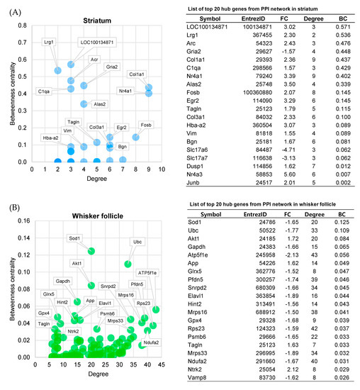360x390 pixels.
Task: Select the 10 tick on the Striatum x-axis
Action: coord(160,170)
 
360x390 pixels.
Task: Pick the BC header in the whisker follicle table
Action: coord(339,233)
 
